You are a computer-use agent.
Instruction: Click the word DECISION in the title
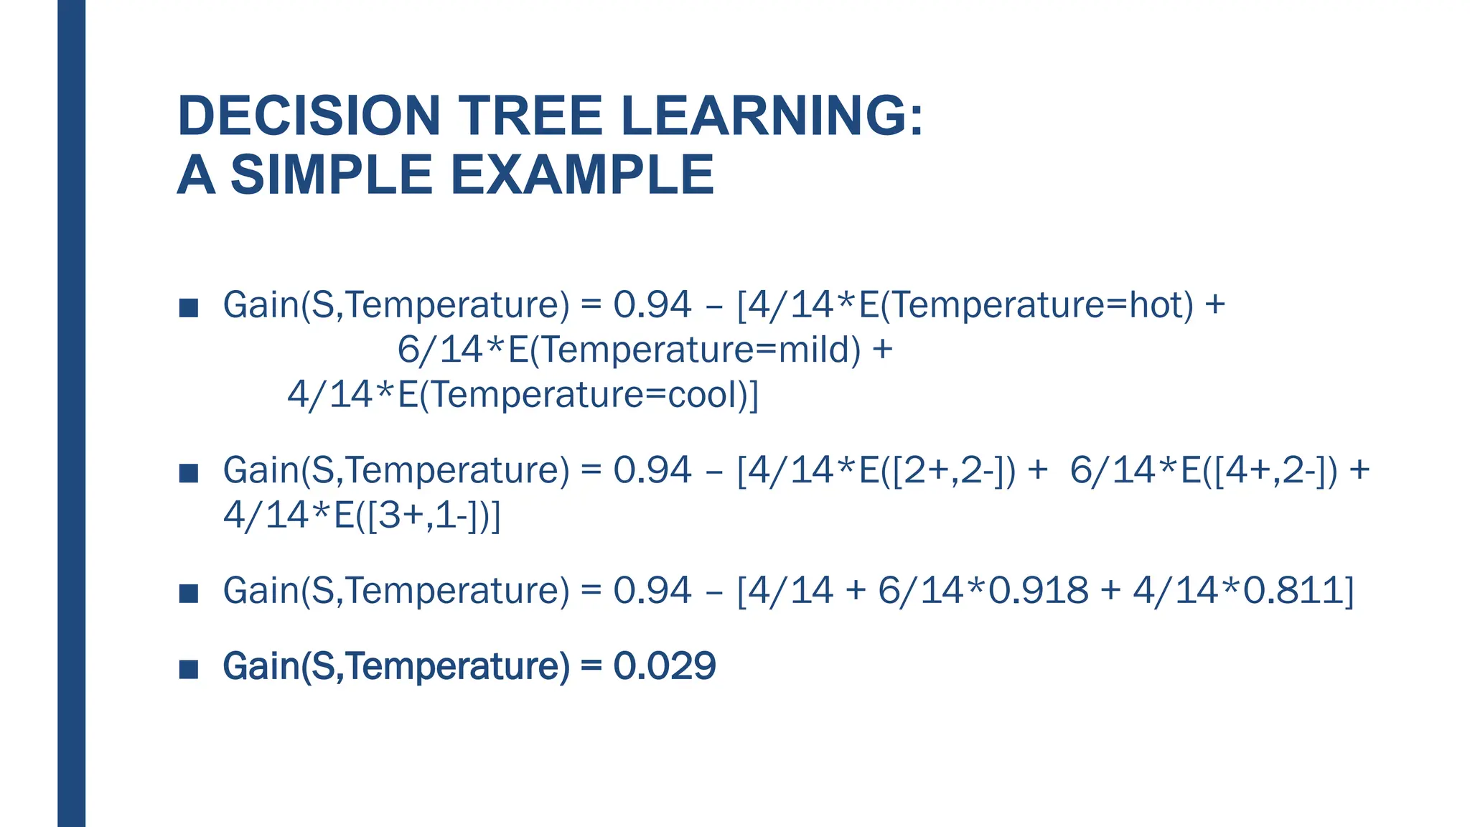[309, 116]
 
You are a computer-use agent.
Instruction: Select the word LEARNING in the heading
[763, 116]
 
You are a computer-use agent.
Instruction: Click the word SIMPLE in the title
[331, 175]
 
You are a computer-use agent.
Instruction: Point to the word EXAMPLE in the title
[582, 175]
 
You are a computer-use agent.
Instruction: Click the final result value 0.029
[665, 666]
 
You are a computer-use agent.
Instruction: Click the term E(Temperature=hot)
[1026, 305]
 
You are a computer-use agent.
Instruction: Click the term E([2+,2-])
[937, 471]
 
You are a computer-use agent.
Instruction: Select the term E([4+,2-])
[1259, 471]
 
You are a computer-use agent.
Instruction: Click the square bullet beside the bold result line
[189, 669]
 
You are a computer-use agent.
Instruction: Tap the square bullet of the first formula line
[189, 308]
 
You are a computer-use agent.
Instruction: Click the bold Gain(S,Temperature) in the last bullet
[396, 666]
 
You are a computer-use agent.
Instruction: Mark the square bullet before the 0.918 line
[189, 594]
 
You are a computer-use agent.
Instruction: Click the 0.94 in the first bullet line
[652, 305]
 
